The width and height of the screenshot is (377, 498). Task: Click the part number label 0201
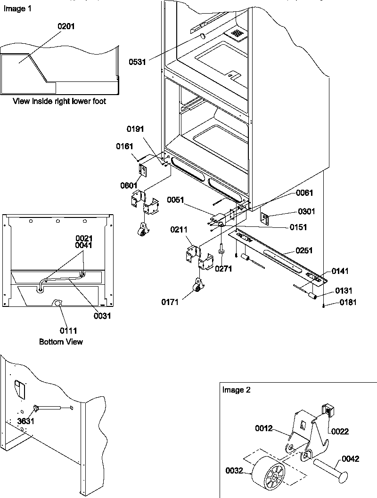(x=66, y=27)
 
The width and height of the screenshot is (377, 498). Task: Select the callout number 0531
(x=137, y=61)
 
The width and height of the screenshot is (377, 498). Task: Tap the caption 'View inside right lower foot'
(x=59, y=101)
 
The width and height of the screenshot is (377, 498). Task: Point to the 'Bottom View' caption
(x=61, y=341)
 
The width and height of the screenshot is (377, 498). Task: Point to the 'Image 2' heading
(x=236, y=390)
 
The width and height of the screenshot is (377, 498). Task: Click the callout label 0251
(x=304, y=250)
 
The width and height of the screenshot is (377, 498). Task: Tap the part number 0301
(x=306, y=211)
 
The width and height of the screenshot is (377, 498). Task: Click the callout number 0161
(x=124, y=146)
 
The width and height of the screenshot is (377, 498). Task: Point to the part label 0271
(x=223, y=269)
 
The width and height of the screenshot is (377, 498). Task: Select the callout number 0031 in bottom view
(x=102, y=316)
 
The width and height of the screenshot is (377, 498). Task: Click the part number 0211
(x=180, y=230)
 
